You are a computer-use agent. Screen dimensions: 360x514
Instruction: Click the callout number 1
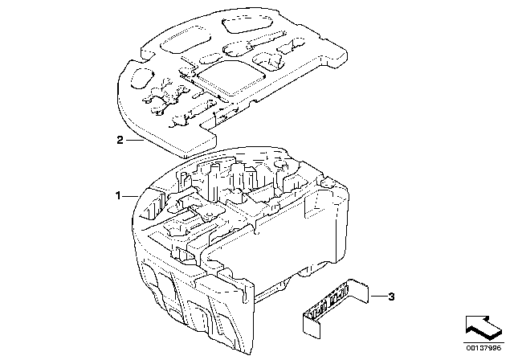tap(118, 195)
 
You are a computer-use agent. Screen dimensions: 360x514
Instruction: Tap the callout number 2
tap(120, 140)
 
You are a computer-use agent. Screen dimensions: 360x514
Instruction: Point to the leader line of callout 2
tap(133, 139)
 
